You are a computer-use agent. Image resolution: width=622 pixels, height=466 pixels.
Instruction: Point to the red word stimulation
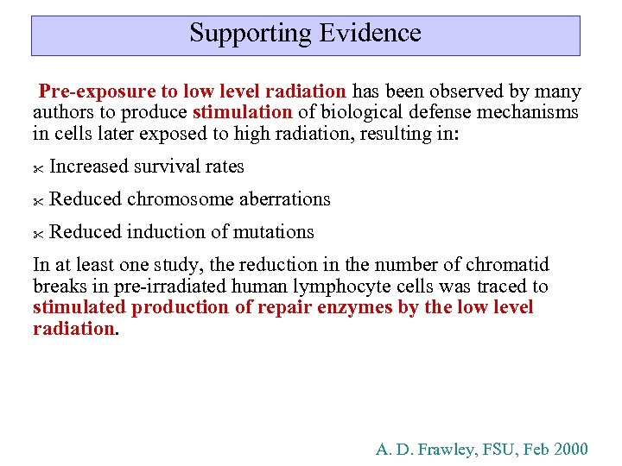pos(243,113)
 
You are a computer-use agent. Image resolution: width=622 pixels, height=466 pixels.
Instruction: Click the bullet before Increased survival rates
pos(38,168)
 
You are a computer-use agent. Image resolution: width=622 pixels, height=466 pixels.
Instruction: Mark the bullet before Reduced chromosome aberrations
pos(38,201)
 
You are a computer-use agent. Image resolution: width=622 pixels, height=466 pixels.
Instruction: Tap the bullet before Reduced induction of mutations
pos(38,234)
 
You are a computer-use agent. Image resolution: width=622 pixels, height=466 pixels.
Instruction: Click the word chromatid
pos(509,265)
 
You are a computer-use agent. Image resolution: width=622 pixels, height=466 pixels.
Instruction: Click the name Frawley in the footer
pos(448,450)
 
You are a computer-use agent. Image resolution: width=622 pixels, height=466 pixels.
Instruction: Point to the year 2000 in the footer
pos(570,450)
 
